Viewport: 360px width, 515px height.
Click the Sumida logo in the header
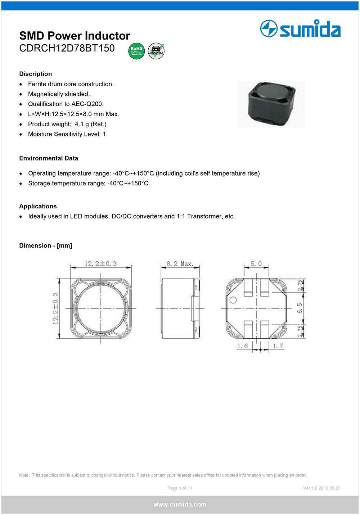(300, 29)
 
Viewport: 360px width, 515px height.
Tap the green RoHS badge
(136, 51)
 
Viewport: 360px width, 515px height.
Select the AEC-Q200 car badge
(156, 51)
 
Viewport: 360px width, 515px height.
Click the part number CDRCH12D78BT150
(67, 48)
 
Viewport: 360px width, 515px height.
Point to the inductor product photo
(271, 104)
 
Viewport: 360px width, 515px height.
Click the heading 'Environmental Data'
(49, 158)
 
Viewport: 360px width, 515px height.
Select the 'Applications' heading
(38, 206)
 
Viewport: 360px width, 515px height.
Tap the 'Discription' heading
(36, 74)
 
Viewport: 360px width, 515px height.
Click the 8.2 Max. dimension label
(180, 264)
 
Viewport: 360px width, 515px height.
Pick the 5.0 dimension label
(256, 264)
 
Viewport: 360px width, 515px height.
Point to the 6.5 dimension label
(300, 308)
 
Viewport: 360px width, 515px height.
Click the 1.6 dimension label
(242, 346)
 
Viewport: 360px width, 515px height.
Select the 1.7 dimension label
(278, 346)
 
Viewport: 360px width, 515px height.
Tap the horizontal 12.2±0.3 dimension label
(100, 264)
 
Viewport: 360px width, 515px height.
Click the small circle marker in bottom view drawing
(233, 300)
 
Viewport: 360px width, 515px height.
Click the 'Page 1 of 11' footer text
(180, 488)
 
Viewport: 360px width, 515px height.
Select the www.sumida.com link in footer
(180, 505)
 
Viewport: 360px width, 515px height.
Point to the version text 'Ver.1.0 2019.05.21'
(321, 488)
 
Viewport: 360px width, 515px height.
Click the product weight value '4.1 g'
(82, 124)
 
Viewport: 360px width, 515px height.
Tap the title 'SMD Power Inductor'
(75, 36)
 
